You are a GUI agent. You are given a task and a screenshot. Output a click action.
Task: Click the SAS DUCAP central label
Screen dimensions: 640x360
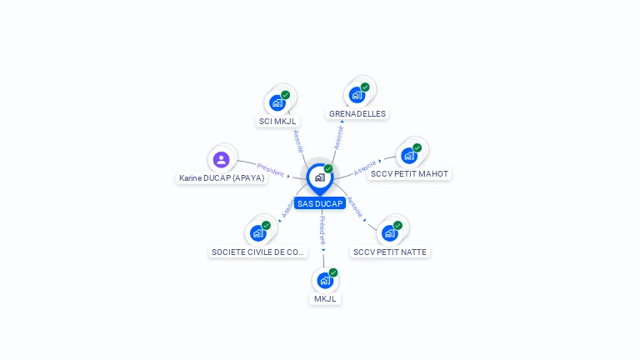(x=320, y=203)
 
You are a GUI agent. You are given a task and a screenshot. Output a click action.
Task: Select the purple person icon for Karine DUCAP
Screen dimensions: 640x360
(x=221, y=159)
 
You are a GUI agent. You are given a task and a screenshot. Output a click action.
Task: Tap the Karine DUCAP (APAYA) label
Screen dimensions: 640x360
(x=222, y=177)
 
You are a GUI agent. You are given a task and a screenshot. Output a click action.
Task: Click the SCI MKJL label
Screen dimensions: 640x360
(x=277, y=122)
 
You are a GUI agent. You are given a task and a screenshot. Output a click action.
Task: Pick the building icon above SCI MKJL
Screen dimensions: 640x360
(x=277, y=103)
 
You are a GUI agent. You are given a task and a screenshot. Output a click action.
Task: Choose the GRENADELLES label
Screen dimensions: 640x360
(x=357, y=113)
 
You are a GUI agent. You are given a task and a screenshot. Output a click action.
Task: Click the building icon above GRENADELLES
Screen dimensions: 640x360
(x=357, y=94)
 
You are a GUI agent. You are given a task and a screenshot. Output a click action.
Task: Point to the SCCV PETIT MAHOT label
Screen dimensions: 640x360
(x=409, y=174)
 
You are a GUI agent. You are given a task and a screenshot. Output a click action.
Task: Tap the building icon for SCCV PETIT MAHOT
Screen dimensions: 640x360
(x=408, y=155)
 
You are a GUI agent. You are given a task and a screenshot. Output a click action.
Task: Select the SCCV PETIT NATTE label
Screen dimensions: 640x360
(x=390, y=252)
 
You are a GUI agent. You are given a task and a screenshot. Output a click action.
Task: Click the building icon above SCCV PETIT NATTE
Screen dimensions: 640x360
(x=389, y=232)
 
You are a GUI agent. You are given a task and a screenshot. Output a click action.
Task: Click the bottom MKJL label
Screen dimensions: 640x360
(x=325, y=298)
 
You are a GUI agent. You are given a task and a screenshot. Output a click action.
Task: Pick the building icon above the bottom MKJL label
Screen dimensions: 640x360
(x=325, y=280)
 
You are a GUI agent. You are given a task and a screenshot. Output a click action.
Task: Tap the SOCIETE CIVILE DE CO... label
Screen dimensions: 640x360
(x=258, y=252)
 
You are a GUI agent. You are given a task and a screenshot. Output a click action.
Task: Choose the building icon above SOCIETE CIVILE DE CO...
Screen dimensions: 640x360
(x=258, y=232)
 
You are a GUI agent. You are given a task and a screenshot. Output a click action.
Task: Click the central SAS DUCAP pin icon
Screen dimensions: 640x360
(x=319, y=177)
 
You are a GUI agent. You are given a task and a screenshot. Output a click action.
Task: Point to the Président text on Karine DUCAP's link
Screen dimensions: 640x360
(x=271, y=169)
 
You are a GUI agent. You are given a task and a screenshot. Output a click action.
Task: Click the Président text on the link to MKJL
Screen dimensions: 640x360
(x=322, y=230)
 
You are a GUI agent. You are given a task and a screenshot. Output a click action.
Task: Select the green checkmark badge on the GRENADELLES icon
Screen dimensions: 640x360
(x=365, y=87)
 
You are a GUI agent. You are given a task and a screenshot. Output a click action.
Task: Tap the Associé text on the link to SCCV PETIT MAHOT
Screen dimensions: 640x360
(x=365, y=168)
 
